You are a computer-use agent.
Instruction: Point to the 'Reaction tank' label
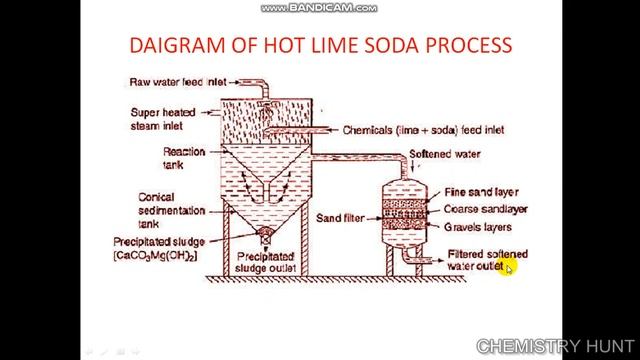(184, 157)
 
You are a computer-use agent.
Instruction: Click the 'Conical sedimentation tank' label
(171, 211)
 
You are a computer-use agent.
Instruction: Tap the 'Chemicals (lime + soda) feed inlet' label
(423, 130)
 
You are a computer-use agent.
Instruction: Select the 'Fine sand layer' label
(482, 191)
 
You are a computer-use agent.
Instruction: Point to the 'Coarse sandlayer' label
(487, 209)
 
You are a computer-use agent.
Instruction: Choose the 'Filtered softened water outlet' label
(486, 260)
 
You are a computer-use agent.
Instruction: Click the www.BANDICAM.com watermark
(319, 8)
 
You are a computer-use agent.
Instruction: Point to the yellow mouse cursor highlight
(510, 267)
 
